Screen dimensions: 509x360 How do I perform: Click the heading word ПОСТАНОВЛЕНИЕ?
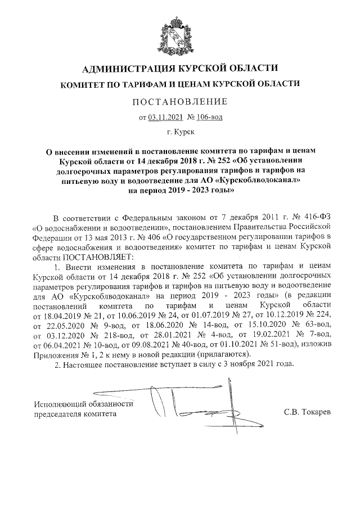click(x=180, y=102)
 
